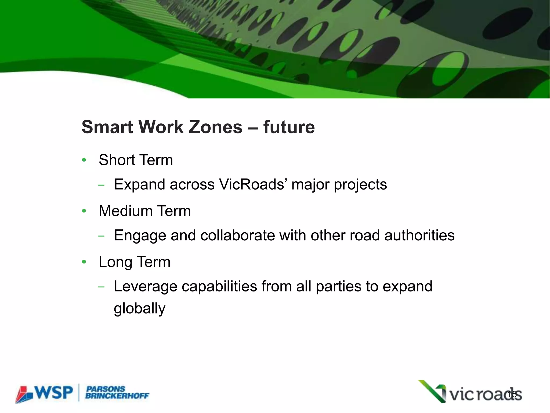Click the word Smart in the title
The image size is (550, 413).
click(107, 127)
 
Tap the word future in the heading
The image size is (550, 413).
click(289, 127)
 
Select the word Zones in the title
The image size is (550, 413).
click(215, 127)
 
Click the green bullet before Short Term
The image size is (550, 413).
click(84, 160)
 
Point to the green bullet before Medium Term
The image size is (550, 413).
click(84, 211)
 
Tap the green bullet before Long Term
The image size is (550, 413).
click(84, 262)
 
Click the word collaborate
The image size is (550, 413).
click(237, 235)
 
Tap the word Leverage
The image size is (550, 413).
click(145, 287)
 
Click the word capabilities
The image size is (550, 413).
click(219, 286)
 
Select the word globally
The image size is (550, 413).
click(139, 309)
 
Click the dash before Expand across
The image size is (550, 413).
click(101, 185)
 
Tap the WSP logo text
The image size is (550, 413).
click(54, 393)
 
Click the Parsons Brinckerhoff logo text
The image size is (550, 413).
click(117, 393)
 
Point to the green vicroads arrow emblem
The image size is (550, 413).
click(433, 391)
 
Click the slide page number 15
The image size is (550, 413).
click(512, 394)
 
